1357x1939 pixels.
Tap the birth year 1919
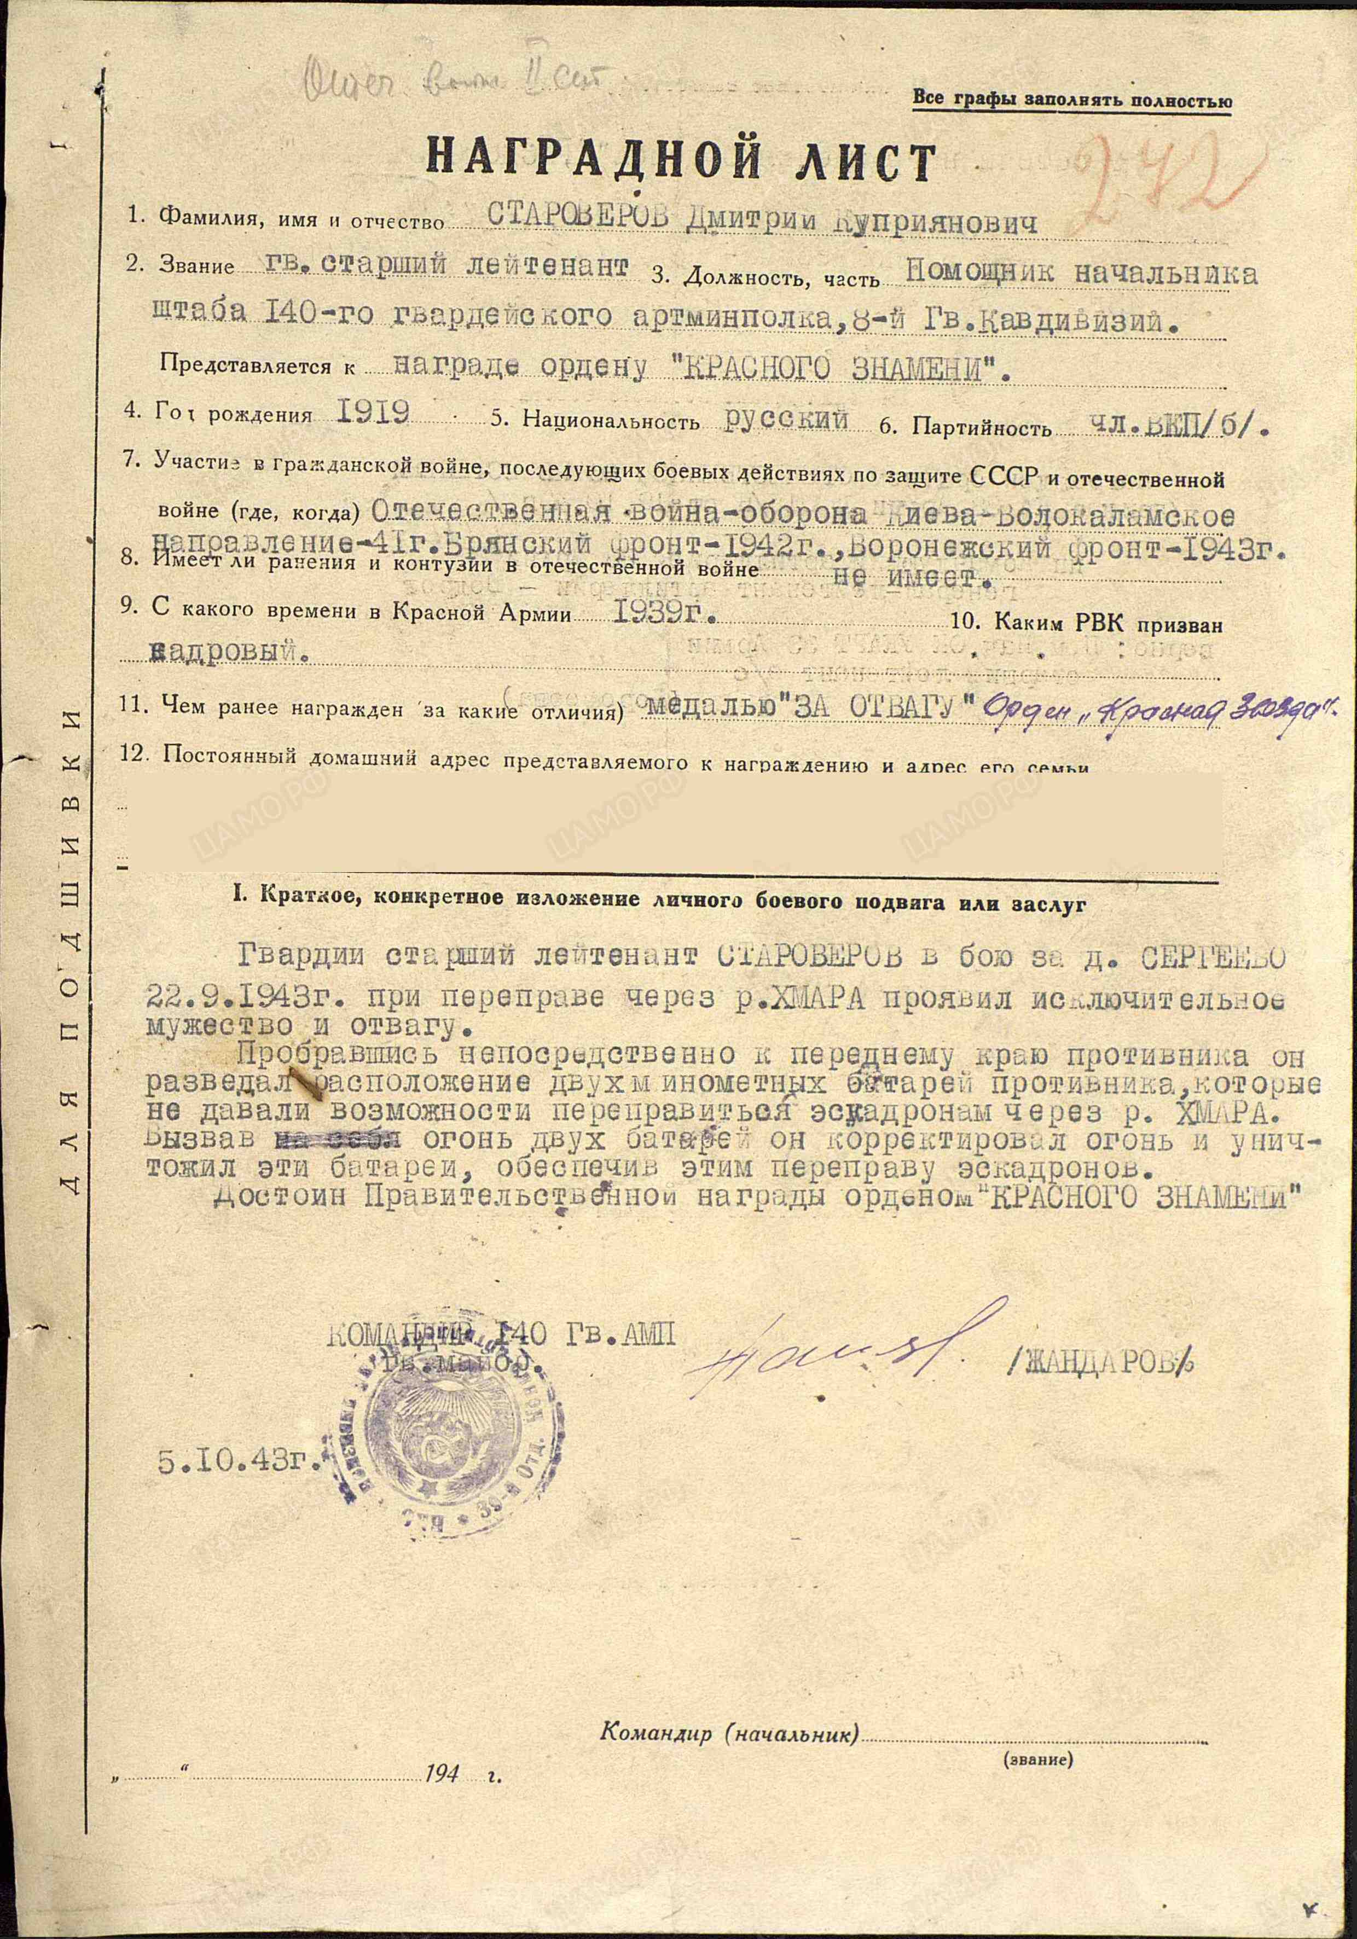[x=373, y=412]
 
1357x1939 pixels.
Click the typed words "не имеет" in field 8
[x=911, y=578]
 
